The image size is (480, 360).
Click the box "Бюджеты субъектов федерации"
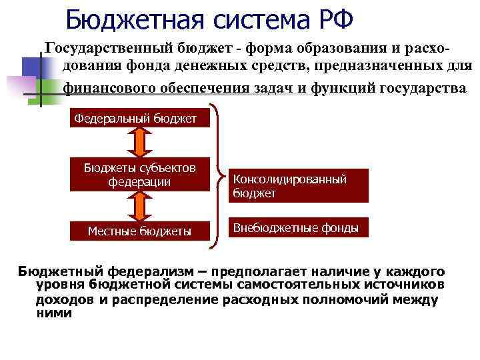[x=139, y=174]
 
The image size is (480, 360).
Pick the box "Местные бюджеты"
[x=139, y=231]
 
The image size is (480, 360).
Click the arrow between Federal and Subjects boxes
[x=140, y=141]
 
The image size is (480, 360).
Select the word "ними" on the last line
[x=54, y=313]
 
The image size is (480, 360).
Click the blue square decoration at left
[x=32, y=67]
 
